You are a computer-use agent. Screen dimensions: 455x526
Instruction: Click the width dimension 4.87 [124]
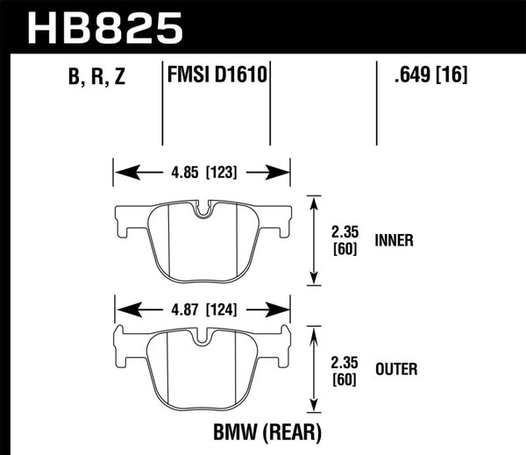(x=201, y=309)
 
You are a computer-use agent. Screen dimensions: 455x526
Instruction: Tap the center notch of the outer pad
(x=202, y=338)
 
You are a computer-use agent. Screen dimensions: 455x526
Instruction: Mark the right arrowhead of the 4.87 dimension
(x=284, y=309)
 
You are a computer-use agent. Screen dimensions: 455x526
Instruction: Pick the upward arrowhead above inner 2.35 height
(x=314, y=199)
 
